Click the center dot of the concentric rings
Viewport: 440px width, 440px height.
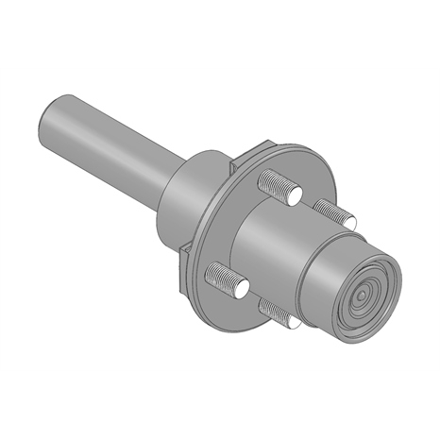point(362,296)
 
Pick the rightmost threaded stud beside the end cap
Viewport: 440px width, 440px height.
point(333,212)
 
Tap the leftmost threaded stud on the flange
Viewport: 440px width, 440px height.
point(222,277)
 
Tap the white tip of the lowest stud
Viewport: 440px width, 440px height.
point(293,322)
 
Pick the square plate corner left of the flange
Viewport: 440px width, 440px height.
point(185,249)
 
